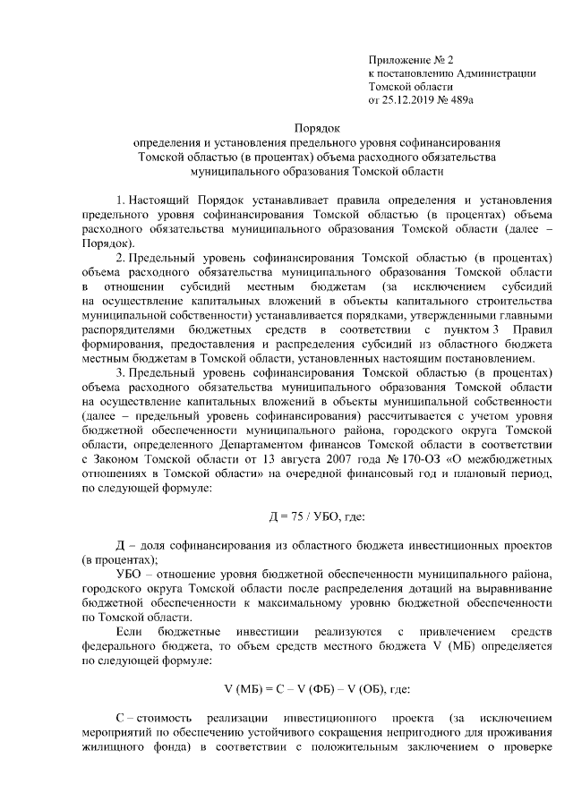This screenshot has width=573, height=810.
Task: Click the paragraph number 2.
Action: pyautogui.click(x=121, y=258)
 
